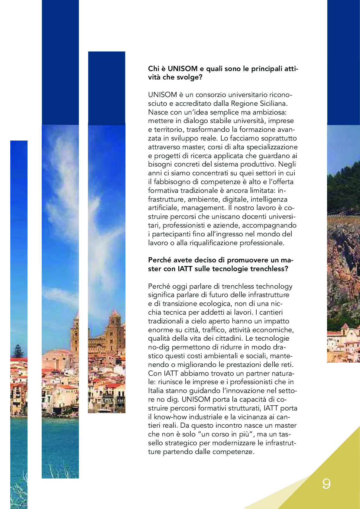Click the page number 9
coord(326,484)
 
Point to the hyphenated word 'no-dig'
coord(158,348)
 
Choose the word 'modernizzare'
coord(231,443)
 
